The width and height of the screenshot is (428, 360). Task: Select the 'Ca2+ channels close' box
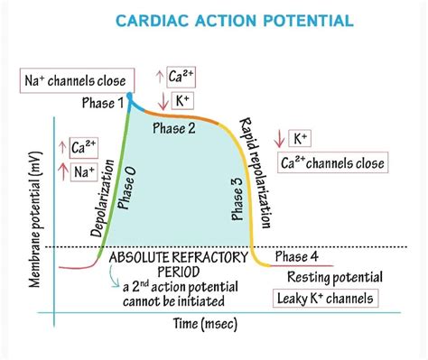[331, 162]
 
